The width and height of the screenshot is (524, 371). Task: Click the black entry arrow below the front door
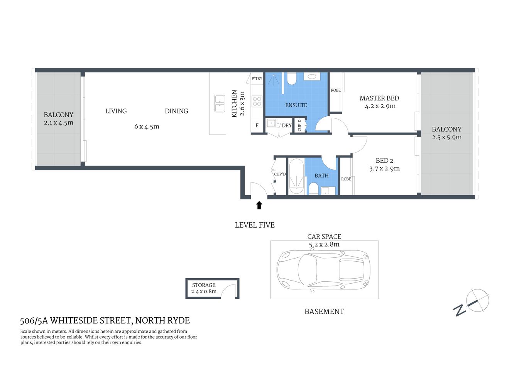(x=259, y=205)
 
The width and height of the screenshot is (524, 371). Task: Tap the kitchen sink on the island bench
(x=219, y=103)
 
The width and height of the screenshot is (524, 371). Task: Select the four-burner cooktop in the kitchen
(x=257, y=102)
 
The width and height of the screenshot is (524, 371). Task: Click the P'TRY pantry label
(x=257, y=78)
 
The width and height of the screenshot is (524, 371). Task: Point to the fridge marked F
(x=257, y=125)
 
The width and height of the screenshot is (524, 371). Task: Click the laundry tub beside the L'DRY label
(x=271, y=123)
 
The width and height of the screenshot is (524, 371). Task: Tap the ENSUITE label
(x=296, y=105)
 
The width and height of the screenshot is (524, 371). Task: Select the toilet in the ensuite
(x=292, y=79)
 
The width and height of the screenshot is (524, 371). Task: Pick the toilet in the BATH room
(x=313, y=189)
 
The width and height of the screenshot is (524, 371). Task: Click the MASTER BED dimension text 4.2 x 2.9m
(x=380, y=106)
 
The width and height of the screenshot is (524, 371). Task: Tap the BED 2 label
(x=384, y=161)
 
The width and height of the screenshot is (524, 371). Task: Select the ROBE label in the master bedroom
(x=336, y=90)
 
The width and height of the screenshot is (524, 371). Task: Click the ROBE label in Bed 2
(x=346, y=179)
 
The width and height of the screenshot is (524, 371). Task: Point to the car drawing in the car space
(x=323, y=269)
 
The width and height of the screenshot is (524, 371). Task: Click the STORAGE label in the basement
(x=204, y=285)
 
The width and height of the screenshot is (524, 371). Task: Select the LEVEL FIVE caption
(x=255, y=225)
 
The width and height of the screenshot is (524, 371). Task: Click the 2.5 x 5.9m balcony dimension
(x=446, y=137)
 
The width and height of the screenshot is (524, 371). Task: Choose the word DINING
(x=176, y=111)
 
